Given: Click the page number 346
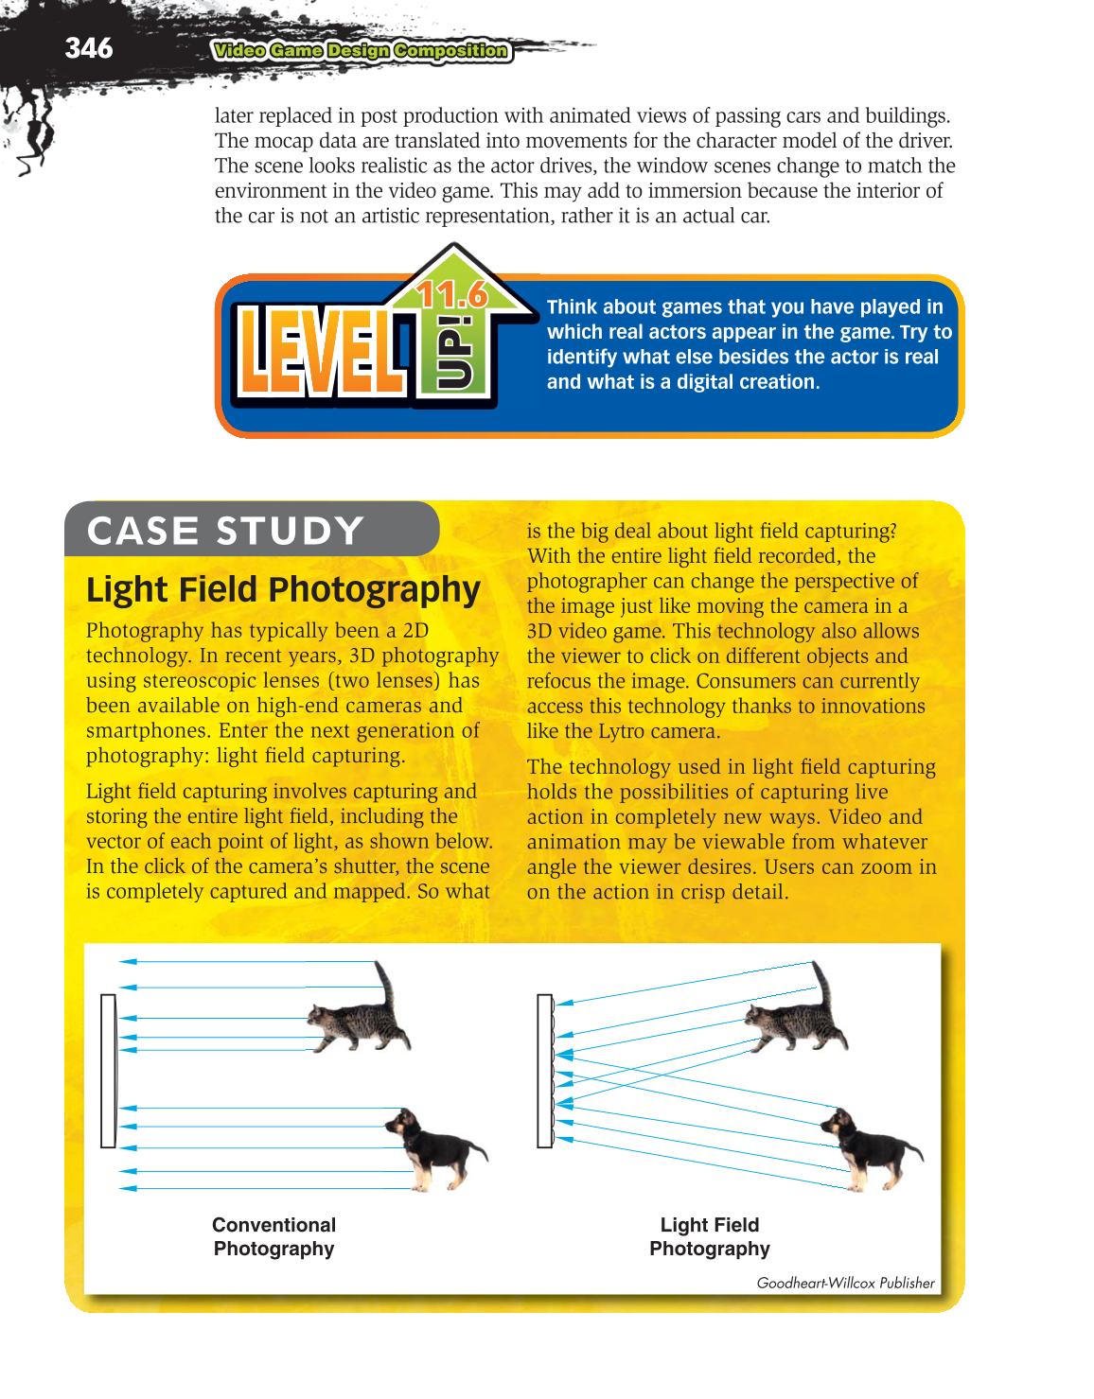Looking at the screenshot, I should (88, 48).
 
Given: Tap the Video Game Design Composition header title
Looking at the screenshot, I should (361, 51).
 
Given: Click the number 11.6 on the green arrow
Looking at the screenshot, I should (451, 294).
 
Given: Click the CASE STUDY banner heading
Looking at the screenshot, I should (225, 531).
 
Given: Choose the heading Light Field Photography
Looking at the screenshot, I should (283, 589).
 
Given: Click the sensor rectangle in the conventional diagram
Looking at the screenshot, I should (108, 1070).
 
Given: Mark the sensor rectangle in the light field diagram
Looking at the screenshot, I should (544, 1070).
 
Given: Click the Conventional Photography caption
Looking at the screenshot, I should (273, 1236).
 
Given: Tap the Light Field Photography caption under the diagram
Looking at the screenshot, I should (710, 1236).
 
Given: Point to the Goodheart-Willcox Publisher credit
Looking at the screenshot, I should (845, 1283).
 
